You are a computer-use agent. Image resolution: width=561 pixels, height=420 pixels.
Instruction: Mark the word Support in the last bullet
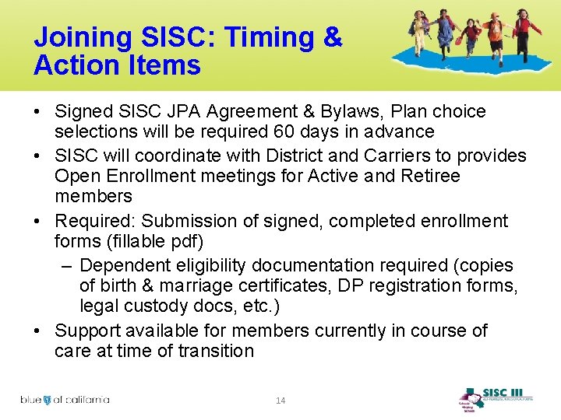click(87, 330)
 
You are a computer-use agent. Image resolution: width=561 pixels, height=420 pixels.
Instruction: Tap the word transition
click(215, 351)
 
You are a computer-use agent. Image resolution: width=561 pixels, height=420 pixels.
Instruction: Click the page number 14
click(280, 400)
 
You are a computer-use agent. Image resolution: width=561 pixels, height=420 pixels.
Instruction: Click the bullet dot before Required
click(38, 222)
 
